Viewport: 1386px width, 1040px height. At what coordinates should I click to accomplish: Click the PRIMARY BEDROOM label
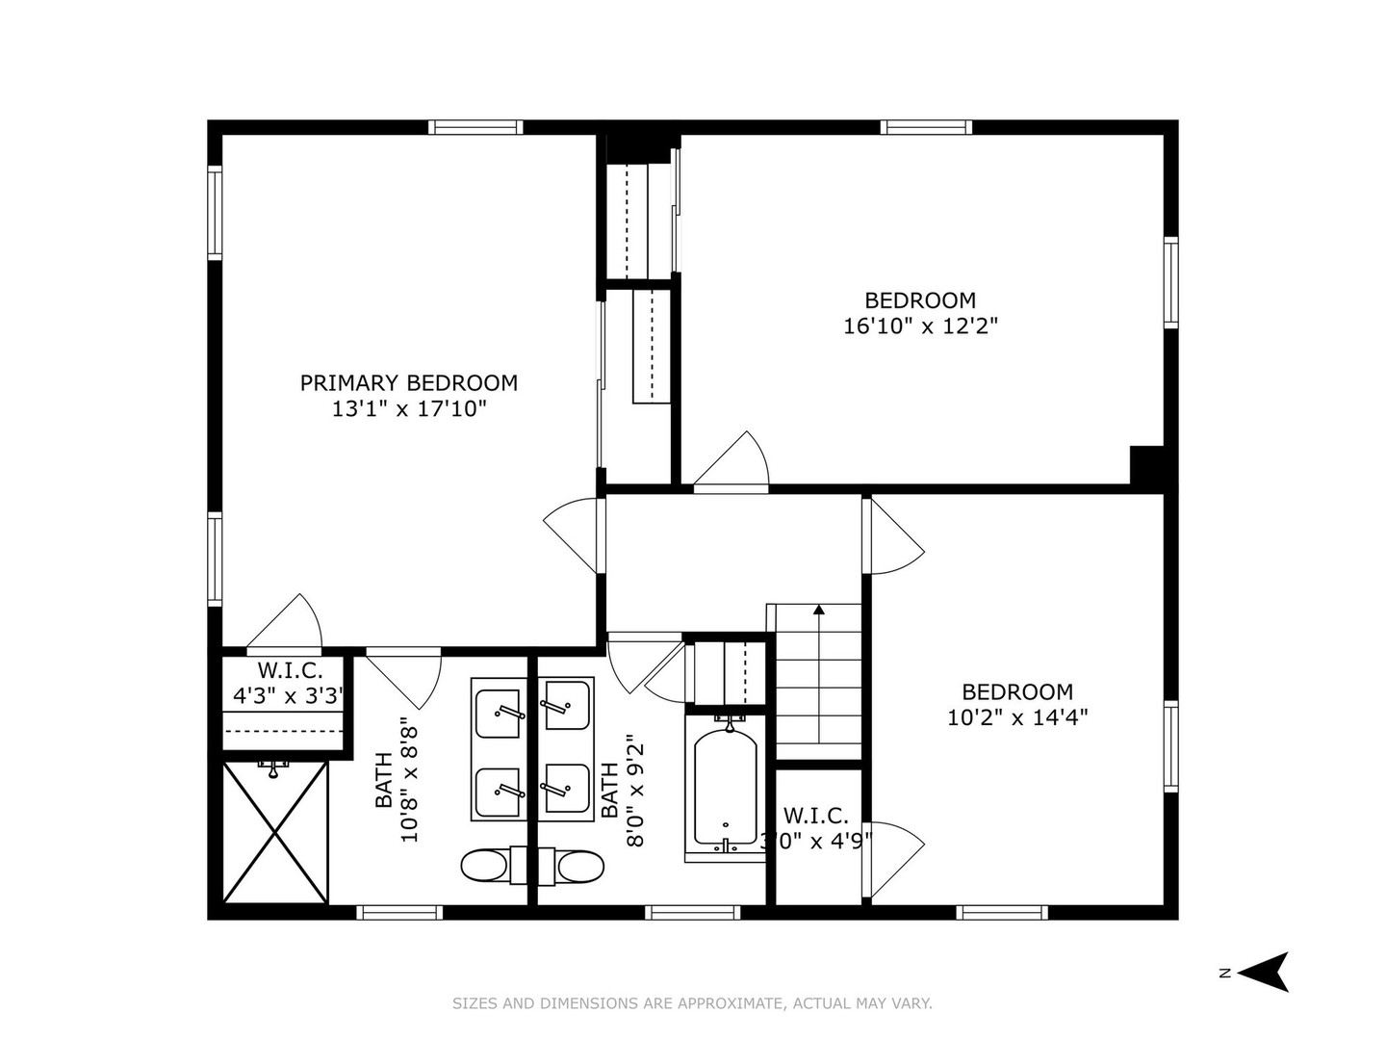408,383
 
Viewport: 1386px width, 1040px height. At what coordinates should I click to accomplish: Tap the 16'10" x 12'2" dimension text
920,326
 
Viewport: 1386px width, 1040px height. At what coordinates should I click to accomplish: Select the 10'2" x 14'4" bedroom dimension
1017,717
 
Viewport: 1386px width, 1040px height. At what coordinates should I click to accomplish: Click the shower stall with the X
276,831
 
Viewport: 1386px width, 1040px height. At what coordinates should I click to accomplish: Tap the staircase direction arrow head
819,610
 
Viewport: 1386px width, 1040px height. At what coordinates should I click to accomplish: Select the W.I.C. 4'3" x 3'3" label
289,684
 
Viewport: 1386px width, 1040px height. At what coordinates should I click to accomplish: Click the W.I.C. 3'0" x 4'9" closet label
816,827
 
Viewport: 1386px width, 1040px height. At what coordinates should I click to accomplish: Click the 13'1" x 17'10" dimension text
409,409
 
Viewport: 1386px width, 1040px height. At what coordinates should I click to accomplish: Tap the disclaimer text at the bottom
692,1003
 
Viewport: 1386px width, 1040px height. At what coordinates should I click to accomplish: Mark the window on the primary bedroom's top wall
475,127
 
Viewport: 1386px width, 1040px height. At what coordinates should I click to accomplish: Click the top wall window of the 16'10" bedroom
926,127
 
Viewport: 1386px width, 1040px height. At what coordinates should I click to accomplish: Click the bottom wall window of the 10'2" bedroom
1002,912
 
